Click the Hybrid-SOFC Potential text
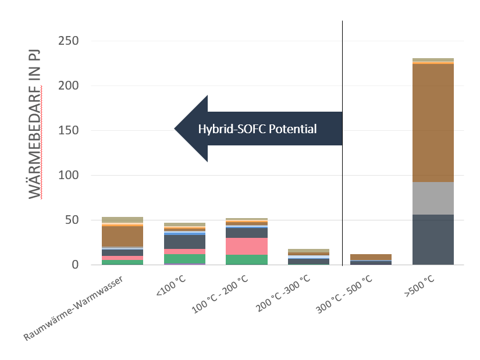[x=257, y=129]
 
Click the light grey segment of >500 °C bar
[x=432, y=198]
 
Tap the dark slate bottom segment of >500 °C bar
[x=432, y=240]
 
